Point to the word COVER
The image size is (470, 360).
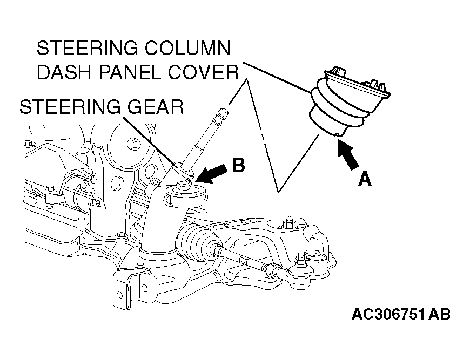coord(207,72)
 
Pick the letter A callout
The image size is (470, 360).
coord(365,179)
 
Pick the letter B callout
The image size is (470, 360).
coord(238,165)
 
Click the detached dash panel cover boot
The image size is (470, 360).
coord(346,103)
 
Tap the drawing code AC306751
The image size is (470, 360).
coord(387,314)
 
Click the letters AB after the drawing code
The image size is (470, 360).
coord(439,314)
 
